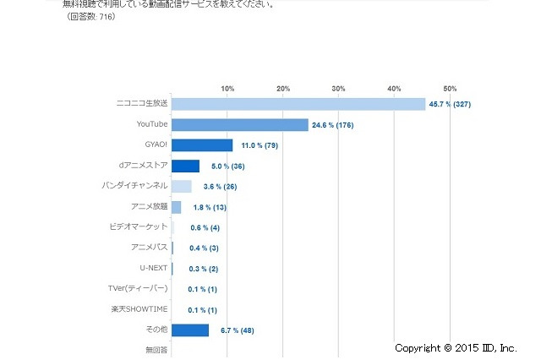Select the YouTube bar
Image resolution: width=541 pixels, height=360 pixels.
point(239,125)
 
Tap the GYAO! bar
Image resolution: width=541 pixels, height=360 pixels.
point(202,145)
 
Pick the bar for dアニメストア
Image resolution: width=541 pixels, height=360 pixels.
point(185,166)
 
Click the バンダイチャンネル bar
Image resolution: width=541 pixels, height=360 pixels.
point(181,187)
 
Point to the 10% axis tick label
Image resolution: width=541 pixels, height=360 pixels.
point(227,89)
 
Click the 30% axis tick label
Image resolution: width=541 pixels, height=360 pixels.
point(339,89)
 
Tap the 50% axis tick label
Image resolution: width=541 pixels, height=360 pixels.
point(450,89)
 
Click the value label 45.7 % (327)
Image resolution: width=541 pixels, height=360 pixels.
point(457,105)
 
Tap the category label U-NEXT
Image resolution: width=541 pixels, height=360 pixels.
point(154,268)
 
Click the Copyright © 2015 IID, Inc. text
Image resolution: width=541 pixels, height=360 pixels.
point(455,347)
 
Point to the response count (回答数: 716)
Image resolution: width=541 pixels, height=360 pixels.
point(91,17)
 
